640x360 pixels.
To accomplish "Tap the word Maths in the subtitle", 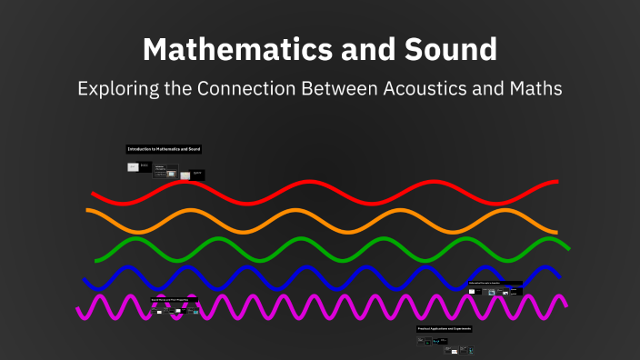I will click(536, 89).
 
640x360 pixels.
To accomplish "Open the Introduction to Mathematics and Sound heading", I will click(164, 148).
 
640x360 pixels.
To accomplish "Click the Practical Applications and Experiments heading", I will click(444, 328).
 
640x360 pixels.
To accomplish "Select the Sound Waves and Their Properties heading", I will click(174, 299).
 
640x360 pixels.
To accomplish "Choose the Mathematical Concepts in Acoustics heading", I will click(495, 284).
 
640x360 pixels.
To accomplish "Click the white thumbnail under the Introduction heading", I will click(134, 167).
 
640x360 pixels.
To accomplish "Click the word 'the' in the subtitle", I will click(192, 89).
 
